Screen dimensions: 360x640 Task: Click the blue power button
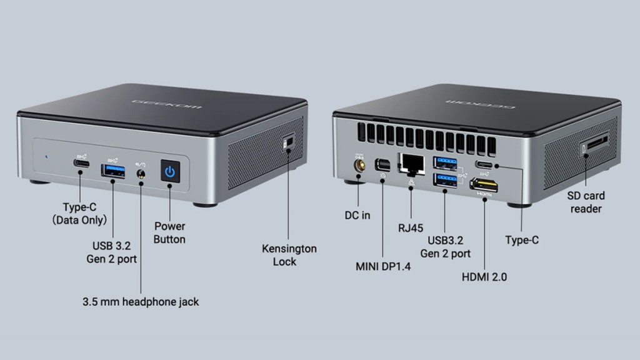point(170,171)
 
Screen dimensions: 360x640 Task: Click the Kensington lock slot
point(288,143)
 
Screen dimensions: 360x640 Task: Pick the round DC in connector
point(359,166)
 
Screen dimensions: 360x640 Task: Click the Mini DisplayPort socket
point(381,165)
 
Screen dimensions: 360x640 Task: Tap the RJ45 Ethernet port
point(411,162)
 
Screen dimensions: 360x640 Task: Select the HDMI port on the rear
point(484,185)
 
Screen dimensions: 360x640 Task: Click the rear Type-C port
point(485,166)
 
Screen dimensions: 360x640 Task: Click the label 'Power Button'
point(170,232)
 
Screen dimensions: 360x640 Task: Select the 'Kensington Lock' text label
point(289,255)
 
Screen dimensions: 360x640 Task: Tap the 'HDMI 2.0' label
point(484,277)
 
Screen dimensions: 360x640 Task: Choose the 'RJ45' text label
point(411,228)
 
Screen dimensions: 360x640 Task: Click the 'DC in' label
point(357,215)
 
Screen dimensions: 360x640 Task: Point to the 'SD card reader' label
point(586,202)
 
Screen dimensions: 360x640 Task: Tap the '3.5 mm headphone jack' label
point(141,302)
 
